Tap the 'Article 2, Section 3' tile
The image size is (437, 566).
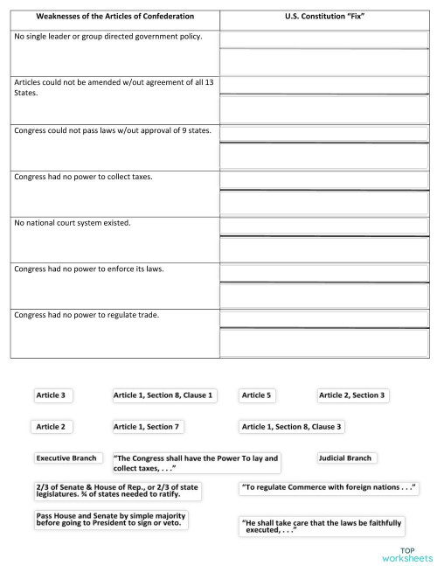pos(352,395)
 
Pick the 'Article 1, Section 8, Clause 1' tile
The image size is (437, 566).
pos(163,395)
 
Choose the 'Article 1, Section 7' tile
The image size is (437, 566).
pos(146,426)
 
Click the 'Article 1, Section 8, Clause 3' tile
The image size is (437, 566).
pos(292,426)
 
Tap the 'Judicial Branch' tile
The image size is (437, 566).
pos(346,458)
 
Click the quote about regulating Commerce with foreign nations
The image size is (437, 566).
pos(329,486)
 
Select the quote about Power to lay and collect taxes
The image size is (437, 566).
pos(198,463)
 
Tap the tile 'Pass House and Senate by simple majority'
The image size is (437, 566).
pos(111,521)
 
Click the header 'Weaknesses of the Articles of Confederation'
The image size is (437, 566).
pos(114,17)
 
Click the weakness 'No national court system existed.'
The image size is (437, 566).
pos(72,223)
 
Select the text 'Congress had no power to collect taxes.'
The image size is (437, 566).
pos(83,176)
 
